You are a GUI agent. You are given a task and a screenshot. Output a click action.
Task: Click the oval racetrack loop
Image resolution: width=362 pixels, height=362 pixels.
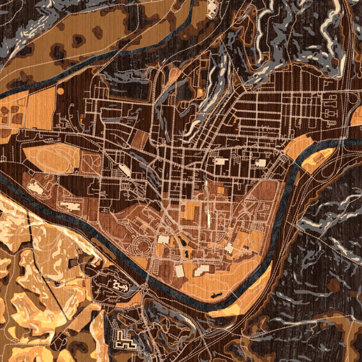[x=51, y=159]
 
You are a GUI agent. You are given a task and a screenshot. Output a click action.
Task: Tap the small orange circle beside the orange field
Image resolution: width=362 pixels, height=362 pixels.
[x=60, y=91]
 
